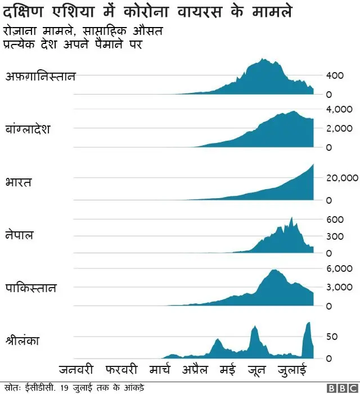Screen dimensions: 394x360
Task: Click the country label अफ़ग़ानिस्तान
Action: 40,77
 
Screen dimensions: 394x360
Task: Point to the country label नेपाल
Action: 20,235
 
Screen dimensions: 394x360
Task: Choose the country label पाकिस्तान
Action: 31,288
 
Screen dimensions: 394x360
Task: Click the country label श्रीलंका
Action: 22,341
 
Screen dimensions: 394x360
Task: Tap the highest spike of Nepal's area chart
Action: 291,218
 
